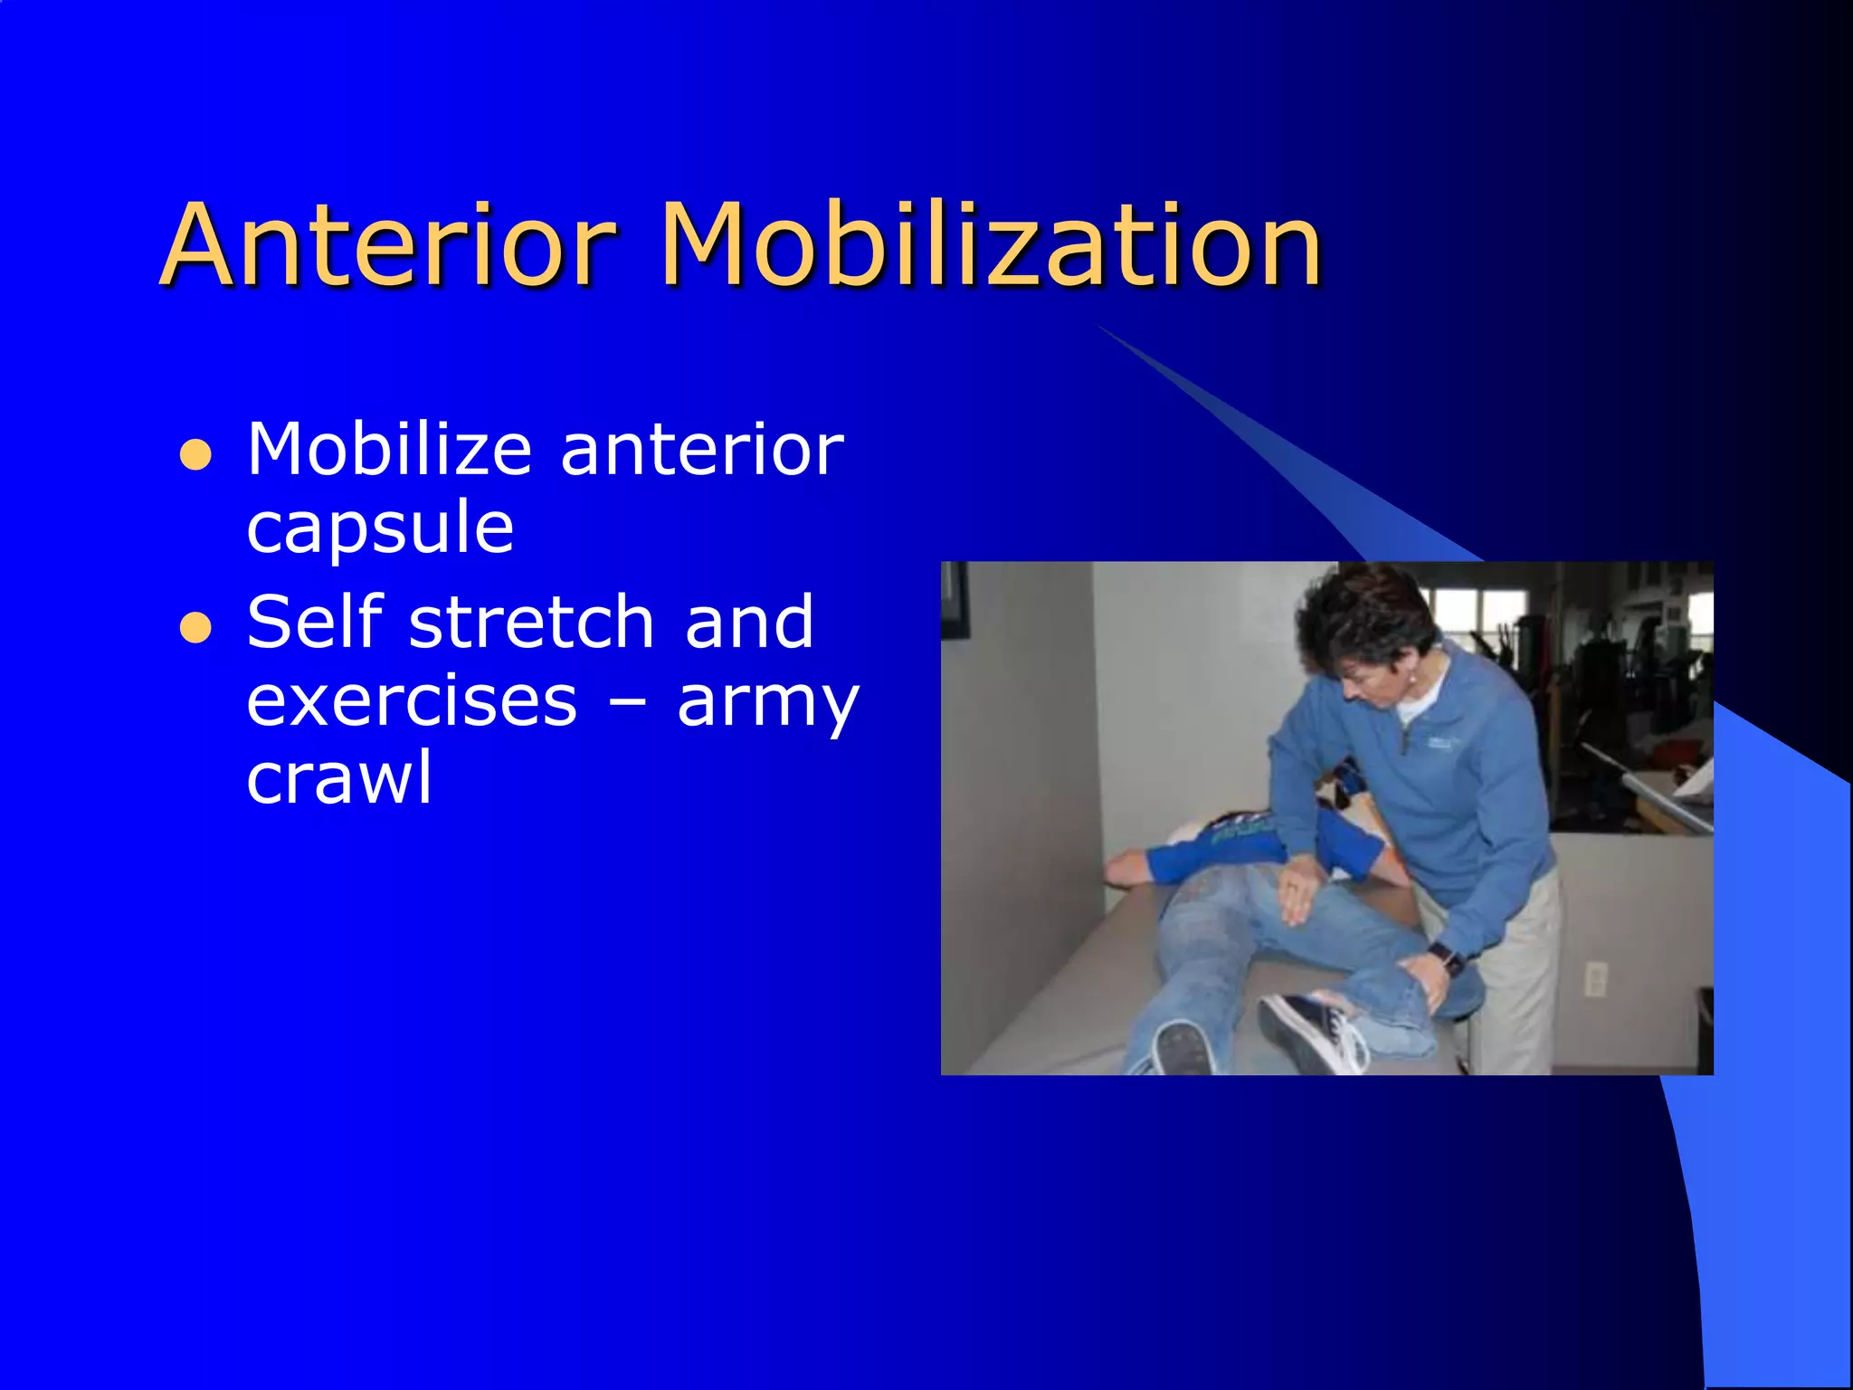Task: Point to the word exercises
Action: [x=412, y=702]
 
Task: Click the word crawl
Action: [x=339, y=778]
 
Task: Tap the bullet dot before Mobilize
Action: [x=195, y=455]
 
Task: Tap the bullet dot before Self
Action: [x=195, y=627]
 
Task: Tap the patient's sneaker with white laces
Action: [x=1312, y=1032]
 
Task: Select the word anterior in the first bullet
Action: [x=702, y=450]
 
